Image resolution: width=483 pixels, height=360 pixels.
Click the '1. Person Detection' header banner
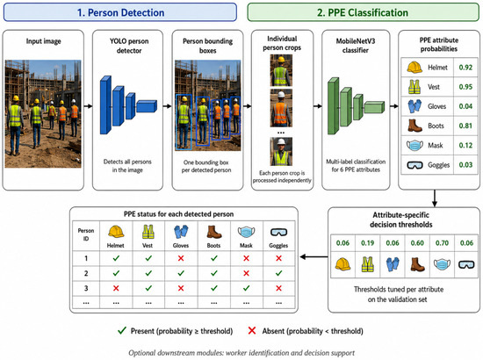(120, 12)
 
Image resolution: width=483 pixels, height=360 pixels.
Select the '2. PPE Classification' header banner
(363, 12)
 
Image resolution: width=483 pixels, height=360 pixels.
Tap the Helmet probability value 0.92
(465, 68)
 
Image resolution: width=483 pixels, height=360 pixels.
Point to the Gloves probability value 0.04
(465, 106)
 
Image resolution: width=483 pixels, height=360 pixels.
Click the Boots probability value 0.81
(465, 126)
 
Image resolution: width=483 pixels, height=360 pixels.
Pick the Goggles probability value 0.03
(465, 165)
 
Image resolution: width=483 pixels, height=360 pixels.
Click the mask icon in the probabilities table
(415, 145)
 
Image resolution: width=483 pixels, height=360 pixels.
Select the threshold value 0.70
(442, 243)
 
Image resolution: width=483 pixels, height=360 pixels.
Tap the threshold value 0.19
(367, 243)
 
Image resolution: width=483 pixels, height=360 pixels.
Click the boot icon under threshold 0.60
(417, 264)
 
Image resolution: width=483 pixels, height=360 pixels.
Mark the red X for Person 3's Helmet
(116, 288)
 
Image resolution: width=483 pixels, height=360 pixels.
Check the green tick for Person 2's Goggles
(278, 273)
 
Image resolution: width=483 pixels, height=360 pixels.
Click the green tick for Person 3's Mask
(246, 288)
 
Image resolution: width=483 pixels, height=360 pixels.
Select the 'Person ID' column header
(86, 234)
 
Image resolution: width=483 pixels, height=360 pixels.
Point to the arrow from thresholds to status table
(314, 256)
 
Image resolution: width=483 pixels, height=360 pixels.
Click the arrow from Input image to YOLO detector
(88, 106)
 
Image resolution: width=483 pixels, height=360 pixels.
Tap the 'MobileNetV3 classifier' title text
(356, 46)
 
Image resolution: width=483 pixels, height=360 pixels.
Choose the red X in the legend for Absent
(252, 331)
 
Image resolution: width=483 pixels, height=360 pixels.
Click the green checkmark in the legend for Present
(122, 331)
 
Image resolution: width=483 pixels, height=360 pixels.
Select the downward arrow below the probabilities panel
(435, 198)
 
